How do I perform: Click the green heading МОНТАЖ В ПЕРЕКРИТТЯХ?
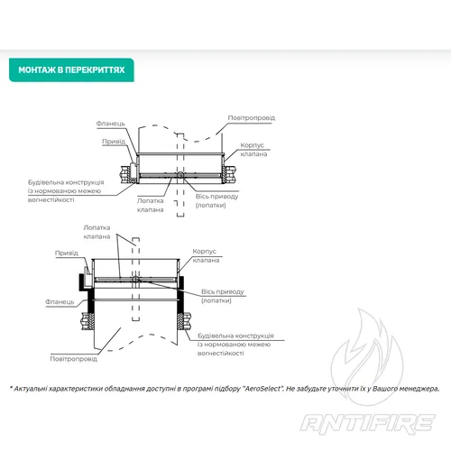(71, 70)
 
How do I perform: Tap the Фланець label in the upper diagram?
(110, 124)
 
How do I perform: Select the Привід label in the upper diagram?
(114, 142)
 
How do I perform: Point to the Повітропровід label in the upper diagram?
(252, 117)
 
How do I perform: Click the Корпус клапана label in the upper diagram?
(253, 150)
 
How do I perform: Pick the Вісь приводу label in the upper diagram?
(216, 200)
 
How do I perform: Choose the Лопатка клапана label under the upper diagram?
(150, 205)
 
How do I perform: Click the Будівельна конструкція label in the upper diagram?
(66, 191)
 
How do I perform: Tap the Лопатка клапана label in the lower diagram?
(97, 232)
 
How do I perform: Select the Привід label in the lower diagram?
(67, 253)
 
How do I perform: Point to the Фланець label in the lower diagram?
(60, 301)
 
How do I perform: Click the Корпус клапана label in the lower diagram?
(206, 255)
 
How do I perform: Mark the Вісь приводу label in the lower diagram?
(223, 296)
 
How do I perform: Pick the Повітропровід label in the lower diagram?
(74, 359)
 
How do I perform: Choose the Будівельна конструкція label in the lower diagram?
(235, 345)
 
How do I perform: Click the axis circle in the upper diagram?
(180, 175)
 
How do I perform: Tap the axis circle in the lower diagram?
(135, 280)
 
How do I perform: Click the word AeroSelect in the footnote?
(262, 389)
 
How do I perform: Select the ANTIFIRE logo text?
(368, 424)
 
